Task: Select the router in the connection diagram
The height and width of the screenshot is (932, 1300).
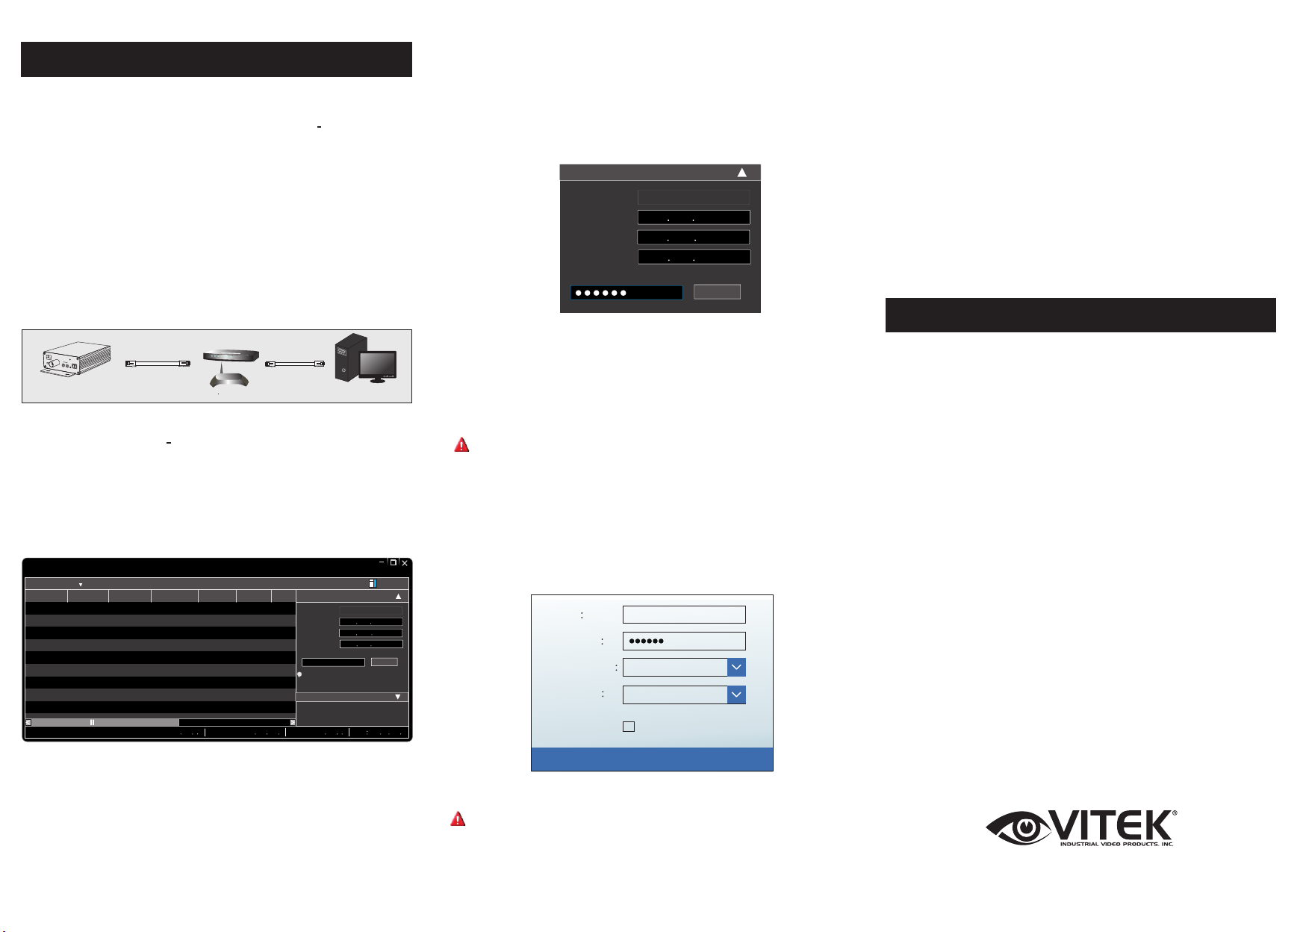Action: [231, 357]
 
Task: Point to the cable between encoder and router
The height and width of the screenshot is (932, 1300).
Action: [157, 363]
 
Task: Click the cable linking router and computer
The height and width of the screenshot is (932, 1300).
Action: [295, 363]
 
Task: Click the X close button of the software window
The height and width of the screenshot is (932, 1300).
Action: [405, 563]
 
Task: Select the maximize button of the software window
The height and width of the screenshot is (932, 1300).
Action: [394, 563]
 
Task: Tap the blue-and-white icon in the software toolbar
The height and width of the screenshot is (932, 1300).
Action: [373, 584]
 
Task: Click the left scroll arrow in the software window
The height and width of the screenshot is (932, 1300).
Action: [28, 722]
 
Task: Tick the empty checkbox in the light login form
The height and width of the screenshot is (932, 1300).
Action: [629, 726]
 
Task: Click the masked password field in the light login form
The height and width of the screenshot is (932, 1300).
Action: [684, 641]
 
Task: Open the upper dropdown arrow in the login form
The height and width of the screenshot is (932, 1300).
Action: [736, 667]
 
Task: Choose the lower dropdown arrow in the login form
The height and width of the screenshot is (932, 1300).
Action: [736, 695]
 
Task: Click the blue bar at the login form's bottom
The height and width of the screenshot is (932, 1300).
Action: [652, 759]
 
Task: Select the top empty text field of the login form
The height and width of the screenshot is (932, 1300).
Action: [684, 614]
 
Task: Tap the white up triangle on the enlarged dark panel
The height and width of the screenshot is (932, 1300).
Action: [742, 173]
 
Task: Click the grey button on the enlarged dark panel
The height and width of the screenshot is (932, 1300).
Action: [717, 291]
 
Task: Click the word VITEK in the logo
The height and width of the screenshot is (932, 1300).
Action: [1113, 825]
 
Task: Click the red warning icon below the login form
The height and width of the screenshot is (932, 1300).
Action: [458, 819]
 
